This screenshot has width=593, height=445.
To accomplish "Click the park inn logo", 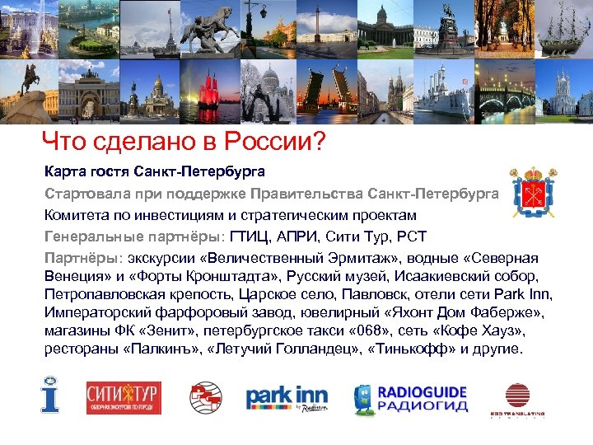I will coord(286,398).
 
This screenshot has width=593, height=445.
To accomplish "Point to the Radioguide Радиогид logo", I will coord(409,398).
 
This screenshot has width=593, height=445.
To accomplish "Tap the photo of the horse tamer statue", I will coord(209,30).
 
